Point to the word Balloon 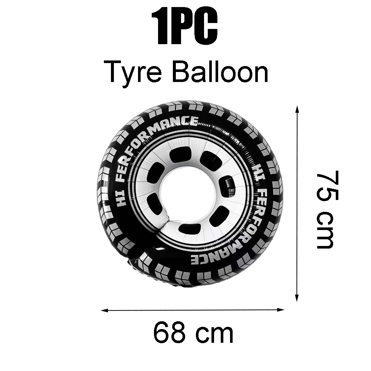[220, 71]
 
